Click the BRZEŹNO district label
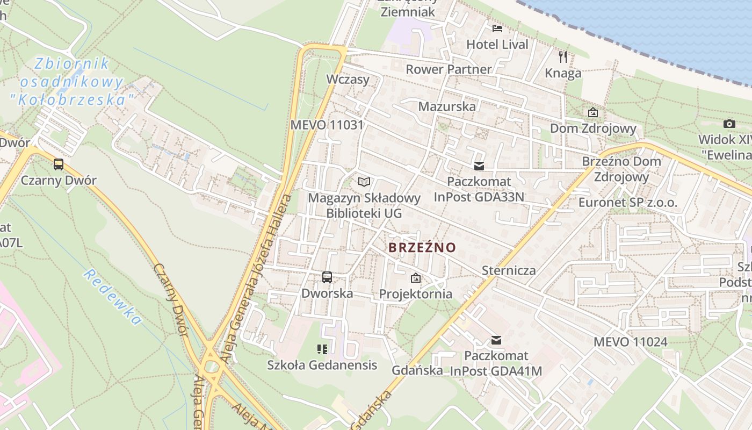422,248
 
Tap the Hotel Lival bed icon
497,28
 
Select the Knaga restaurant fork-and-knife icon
563,56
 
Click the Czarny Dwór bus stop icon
59,164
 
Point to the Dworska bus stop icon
327,277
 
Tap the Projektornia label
416,294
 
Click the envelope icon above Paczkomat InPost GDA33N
479,166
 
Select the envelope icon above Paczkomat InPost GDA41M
496,340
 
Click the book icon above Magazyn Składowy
364,182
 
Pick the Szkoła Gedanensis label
322,365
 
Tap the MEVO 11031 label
327,125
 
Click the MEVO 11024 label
630,342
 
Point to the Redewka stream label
113,297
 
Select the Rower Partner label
449,69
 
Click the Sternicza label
509,270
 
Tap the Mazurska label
447,106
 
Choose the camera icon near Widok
729,124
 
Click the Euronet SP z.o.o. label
628,203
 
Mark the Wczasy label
348,80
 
